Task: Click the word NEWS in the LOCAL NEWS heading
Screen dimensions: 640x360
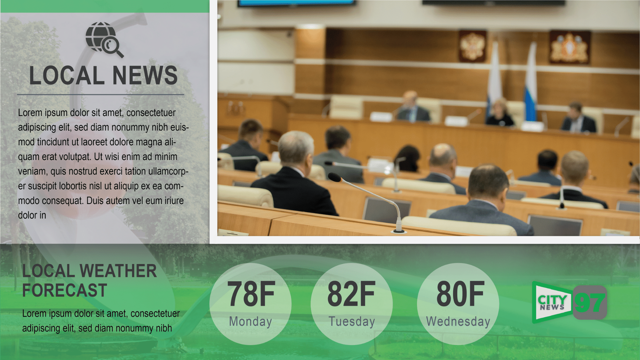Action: click(145, 75)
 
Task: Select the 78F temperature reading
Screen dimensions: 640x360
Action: click(251, 294)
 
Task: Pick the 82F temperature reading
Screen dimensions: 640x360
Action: click(351, 294)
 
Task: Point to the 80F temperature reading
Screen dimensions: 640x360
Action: click(460, 294)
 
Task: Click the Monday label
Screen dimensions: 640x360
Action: click(250, 321)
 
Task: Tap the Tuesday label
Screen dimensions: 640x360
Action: click(352, 321)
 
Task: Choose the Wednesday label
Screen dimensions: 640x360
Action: click(458, 321)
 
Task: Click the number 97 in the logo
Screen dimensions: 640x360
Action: click(590, 303)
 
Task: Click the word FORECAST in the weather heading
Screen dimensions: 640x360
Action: click(64, 290)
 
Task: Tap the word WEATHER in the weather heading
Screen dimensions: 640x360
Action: click(118, 271)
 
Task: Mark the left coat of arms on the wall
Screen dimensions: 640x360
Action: click(472, 46)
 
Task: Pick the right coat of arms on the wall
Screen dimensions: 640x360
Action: click(570, 47)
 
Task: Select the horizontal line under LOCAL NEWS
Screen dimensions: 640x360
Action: click(100, 95)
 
